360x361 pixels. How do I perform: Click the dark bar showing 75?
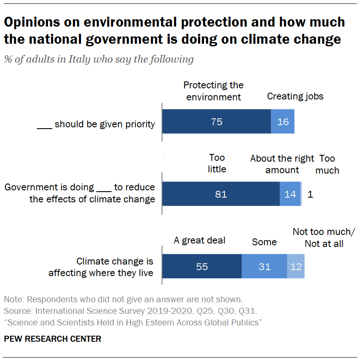(216, 122)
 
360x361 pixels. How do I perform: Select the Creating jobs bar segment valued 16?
(282, 122)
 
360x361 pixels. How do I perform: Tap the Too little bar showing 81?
(221, 194)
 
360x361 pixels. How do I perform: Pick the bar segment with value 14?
(290, 194)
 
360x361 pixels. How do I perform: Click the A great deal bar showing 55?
(202, 267)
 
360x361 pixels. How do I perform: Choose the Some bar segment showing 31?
(264, 267)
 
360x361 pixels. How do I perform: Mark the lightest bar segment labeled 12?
(296, 267)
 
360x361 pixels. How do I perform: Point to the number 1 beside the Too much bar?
(310, 194)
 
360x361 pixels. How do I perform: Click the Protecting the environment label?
(213, 91)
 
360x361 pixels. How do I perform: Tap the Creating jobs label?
(295, 96)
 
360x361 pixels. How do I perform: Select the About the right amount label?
(282, 164)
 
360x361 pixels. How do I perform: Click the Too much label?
(327, 165)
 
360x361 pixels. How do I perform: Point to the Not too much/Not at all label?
(324, 238)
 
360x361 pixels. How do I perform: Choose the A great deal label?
(199, 241)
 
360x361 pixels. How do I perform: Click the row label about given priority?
(96, 124)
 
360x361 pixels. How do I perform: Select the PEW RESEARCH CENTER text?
(53, 339)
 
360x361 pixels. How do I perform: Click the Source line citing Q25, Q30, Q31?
(136, 310)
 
